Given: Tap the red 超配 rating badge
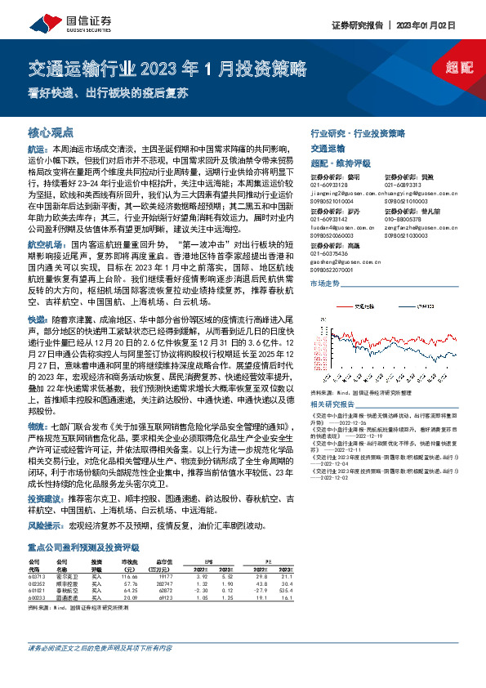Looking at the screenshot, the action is [461, 68].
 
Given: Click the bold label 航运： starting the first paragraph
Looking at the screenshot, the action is [38, 150].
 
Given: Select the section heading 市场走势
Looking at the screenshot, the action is [323, 283].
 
